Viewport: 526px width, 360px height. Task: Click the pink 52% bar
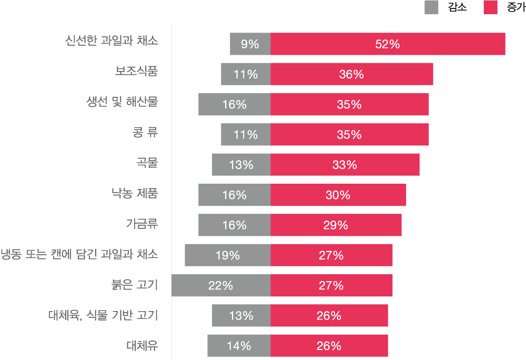[388, 44]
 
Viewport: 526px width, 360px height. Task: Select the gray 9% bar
[250, 44]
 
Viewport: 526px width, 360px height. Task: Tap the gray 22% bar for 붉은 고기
[221, 286]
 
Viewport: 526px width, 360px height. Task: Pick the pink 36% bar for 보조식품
[351, 74]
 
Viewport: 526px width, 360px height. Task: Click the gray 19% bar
[228, 256]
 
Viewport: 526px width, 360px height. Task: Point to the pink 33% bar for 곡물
[345, 165]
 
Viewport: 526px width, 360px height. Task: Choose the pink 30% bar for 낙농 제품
[338, 195]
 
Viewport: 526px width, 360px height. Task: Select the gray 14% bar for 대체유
[239, 346]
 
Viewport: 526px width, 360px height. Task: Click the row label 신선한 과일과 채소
[112, 41]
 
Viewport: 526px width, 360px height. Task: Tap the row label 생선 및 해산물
[122, 102]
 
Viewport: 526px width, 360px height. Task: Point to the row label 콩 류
[145, 132]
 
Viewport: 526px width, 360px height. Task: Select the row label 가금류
[141, 224]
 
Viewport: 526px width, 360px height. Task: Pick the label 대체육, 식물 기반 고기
[103, 315]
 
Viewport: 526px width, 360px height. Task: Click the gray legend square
[431, 7]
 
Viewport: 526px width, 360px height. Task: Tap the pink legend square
[490, 7]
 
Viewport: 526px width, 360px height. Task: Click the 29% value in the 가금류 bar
[336, 225]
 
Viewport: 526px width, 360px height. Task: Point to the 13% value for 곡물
[241, 165]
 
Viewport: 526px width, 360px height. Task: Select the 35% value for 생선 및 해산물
[349, 105]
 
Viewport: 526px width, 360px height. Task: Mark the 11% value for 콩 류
[246, 135]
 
